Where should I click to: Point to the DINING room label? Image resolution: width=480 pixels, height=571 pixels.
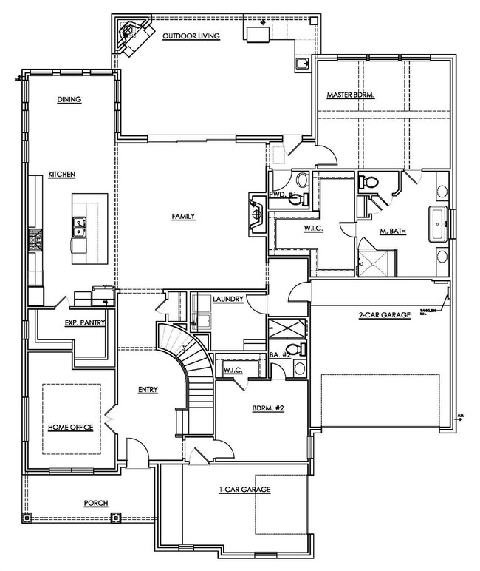(x=69, y=99)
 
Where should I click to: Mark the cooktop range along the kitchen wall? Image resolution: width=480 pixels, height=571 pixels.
(x=33, y=240)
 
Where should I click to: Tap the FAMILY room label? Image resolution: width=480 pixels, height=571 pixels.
(x=183, y=217)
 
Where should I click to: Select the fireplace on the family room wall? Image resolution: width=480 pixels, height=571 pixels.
(x=256, y=211)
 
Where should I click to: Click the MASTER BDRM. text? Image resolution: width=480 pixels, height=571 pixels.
(x=352, y=95)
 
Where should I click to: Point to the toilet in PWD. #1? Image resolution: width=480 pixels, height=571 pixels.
(x=301, y=182)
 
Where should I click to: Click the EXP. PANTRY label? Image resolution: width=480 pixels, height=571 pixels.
(x=85, y=322)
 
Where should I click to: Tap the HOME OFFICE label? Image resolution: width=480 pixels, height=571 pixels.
(x=69, y=428)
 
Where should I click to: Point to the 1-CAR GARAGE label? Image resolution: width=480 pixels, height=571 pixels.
(x=244, y=490)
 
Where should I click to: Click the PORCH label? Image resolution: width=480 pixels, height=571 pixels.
(x=96, y=503)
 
